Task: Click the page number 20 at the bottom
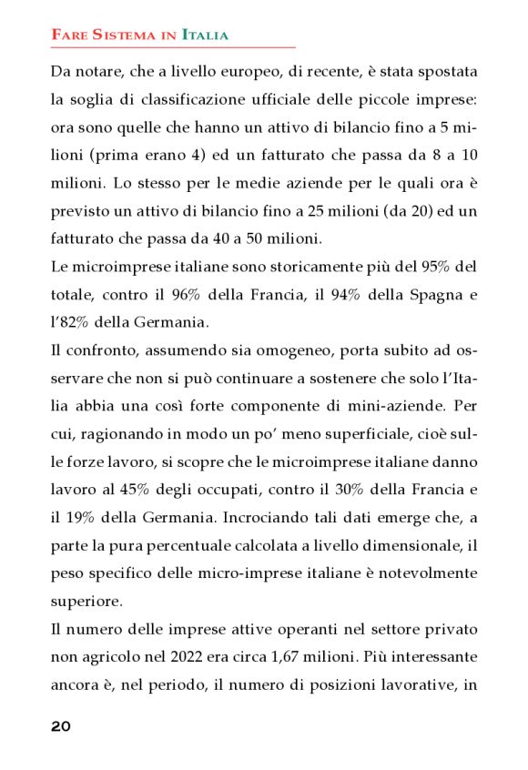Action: click(61, 725)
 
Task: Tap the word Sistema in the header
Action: click(120, 35)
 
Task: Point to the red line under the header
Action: click(173, 46)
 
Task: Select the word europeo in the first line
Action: click(260, 70)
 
